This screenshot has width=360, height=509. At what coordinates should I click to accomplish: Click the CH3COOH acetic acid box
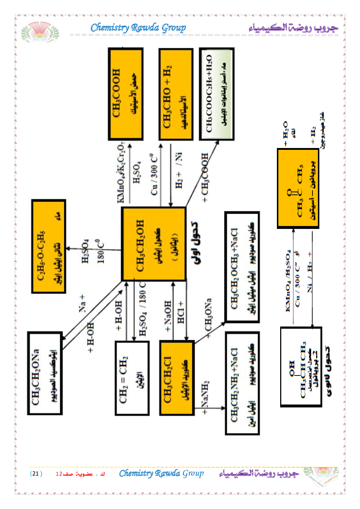click(126, 94)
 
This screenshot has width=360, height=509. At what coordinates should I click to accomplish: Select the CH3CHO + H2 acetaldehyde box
click(176, 94)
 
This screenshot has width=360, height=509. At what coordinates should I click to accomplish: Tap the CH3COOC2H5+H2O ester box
click(217, 94)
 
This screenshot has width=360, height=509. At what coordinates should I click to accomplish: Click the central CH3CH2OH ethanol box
click(154, 244)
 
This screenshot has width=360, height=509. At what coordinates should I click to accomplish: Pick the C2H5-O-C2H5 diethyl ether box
click(49, 246)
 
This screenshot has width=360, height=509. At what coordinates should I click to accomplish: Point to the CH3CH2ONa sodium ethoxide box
click(45, 373)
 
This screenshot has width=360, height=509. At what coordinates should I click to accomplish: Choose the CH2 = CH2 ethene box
click(132, 378)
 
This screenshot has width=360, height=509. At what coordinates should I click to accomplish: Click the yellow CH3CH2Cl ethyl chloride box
click(177, 378)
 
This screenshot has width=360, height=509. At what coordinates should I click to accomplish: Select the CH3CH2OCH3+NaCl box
click(242, 267)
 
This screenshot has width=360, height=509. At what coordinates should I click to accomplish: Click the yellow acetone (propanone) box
click(298, 188)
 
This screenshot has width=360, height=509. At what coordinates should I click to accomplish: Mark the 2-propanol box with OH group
click(301, 367)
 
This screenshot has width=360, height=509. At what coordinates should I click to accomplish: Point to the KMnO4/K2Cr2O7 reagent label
click(121, 173)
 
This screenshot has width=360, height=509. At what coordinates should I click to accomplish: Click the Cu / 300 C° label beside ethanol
click(154, 175)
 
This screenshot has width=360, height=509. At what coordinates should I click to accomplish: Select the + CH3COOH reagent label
click(205, 178)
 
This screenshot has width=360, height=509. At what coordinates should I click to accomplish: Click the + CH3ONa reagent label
click(208, 317)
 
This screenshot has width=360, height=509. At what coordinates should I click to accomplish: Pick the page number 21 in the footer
click(36, 473)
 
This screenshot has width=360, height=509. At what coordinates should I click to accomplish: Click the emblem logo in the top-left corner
click(40, 32)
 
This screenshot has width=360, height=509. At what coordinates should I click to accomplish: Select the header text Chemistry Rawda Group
click(138, 28)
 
